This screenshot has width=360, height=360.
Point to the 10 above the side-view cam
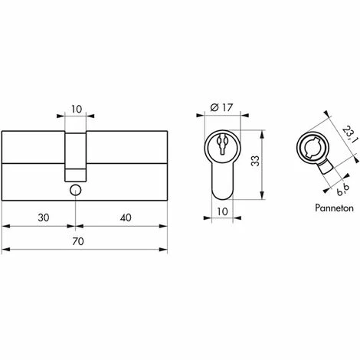point(75,110)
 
